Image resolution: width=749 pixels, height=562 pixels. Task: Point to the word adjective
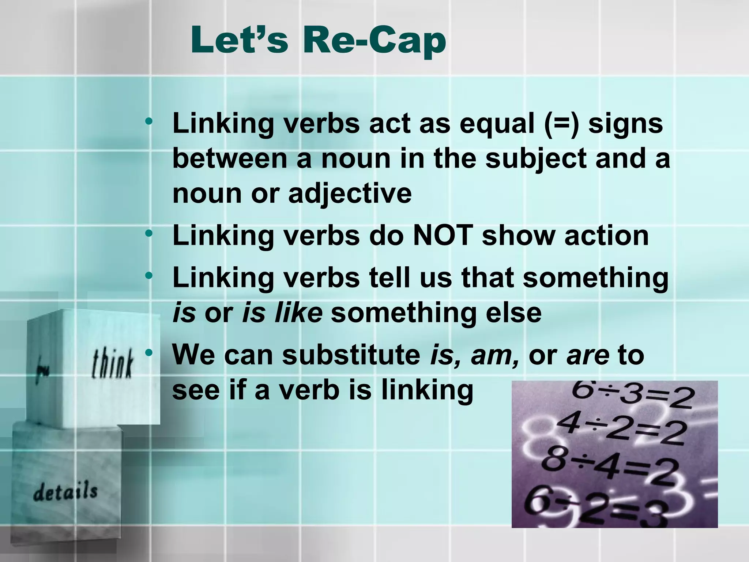350,194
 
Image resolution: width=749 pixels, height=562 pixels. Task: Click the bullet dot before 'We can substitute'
148,353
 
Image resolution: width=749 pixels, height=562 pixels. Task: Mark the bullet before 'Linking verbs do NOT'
148,233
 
